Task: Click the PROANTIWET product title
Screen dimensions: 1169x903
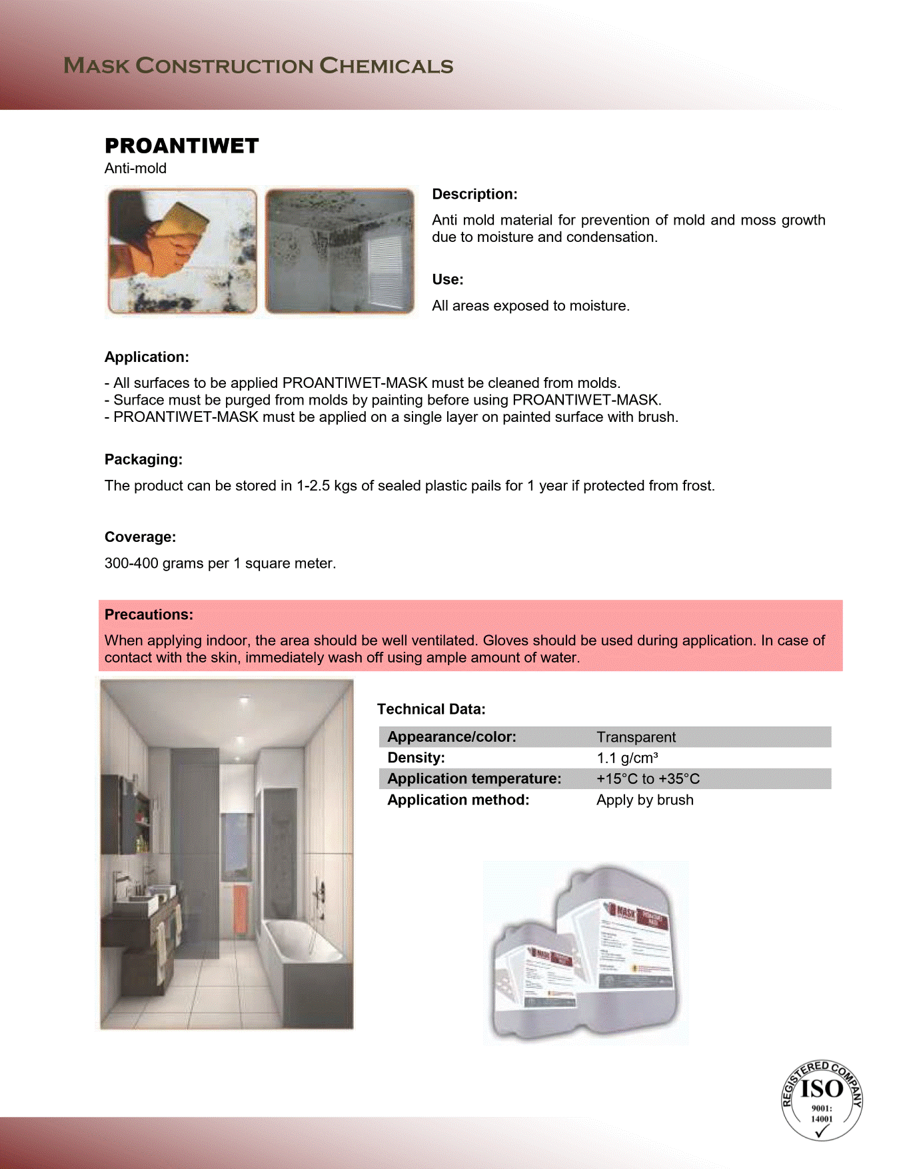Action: click(x=181, y=146)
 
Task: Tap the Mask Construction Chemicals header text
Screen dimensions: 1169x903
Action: click(x=259, y=66)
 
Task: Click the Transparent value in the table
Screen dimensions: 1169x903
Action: click(x=636, y=737)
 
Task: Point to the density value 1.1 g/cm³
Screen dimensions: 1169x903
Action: click(x=627, y=758)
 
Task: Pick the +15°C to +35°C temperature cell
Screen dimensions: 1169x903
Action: click(x=648, y=778)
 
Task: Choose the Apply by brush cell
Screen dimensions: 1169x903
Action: click(x=644, y=800)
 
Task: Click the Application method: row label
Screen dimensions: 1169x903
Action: click(x=458, y=800)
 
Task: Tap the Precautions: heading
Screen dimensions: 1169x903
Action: click(x=149, y=614)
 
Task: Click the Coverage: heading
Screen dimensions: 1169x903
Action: click(x=140, y=537)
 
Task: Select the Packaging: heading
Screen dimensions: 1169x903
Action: click(x=143, y=459)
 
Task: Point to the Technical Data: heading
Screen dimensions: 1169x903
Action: click(x=431, y=709)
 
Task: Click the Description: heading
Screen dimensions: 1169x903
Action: click(x=474, y=194)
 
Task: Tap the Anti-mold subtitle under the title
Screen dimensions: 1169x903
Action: click(x=135, y=169)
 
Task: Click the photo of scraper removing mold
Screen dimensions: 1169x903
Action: click(x=182, y=251)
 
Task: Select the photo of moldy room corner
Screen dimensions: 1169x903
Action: click(x=339, y=251)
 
